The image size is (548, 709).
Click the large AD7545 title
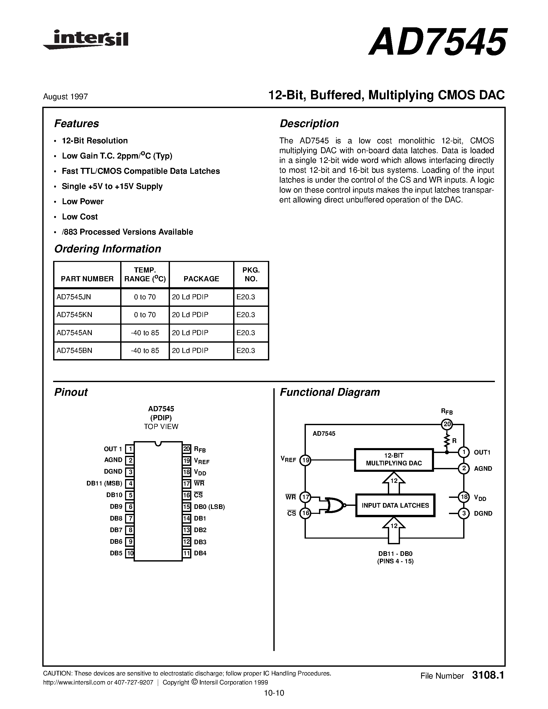click(437, 42)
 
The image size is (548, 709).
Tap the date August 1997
click(65, 97)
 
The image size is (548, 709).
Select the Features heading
click(76, 124)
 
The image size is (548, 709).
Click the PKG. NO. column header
click(251, 274)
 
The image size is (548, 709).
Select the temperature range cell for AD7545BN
click(145, 351)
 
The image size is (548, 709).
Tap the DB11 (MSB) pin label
click(104, 484)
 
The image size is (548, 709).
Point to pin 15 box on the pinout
click(186, 507)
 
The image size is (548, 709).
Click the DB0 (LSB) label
click(209, 507)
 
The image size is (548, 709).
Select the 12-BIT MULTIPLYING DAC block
click(394, 459)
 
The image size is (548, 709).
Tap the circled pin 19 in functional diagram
click(305, 460)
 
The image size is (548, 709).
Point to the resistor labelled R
click(447, 441)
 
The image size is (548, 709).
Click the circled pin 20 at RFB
click(447, 424)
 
